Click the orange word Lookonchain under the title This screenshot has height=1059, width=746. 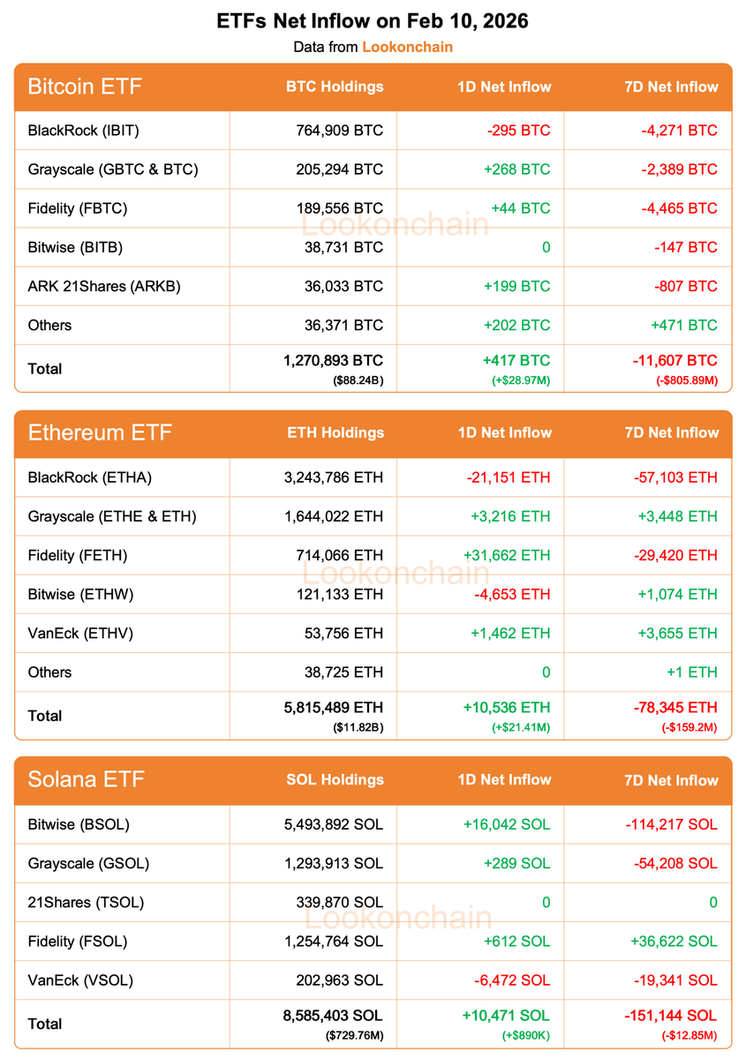(407, 47)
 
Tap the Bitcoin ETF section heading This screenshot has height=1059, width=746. (85, 86)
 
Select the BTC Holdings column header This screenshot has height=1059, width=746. (335, 86)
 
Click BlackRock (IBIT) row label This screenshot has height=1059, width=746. (84, 131)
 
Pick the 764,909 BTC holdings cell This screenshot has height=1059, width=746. (340, 131)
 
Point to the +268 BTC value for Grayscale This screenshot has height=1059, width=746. (517, 169)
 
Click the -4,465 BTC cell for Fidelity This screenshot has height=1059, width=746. (679, 208)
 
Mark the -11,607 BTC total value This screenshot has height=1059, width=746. (674, 360)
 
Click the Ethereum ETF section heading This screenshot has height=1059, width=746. (100, 432)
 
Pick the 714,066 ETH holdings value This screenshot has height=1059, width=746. (340, 555)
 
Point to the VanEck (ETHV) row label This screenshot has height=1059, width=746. (83, 633)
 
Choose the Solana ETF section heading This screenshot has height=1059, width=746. (86, 779)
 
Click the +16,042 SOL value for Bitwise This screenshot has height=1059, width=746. (506, 824)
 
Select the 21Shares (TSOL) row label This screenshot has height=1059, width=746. (86, 902)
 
